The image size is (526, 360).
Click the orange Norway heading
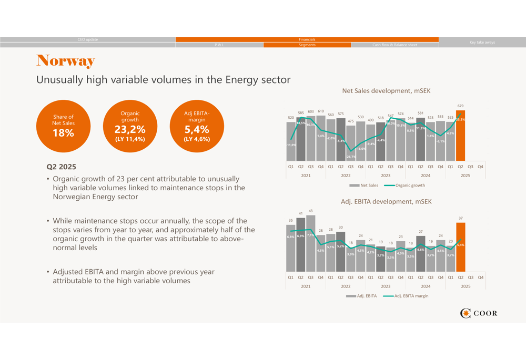(65, 61)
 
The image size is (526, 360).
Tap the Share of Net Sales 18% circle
(63, 126)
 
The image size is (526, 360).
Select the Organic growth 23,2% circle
(130, 126)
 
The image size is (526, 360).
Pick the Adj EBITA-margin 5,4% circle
(197, 126)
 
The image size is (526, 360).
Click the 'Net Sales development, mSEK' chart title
(386, 91)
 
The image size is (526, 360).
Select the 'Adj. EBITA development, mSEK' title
(386, 201)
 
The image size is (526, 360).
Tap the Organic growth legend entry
(404, 185)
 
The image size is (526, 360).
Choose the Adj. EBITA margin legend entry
(406, 296)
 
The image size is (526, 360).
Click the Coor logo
(478, 314)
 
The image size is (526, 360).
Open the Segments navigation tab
(307, 45)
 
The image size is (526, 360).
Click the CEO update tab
(88, 39)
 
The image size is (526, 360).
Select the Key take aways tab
(482, 42)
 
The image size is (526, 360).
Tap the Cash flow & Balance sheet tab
(394, 45)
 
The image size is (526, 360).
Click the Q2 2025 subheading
(62, 167)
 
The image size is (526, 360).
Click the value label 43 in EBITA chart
(310, 211)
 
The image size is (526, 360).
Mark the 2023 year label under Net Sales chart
(386, 176)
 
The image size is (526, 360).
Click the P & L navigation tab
(219, 45)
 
